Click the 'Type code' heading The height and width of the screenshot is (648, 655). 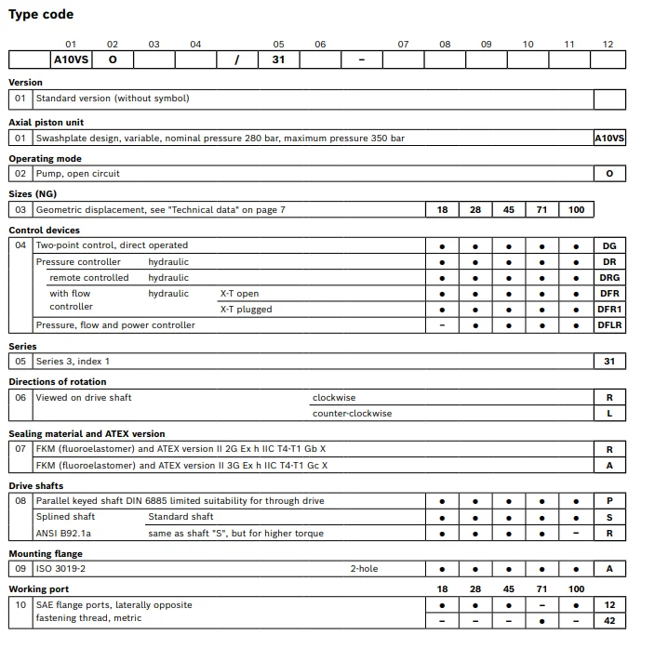click(41, 14)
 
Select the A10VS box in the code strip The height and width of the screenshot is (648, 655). click(71, 60)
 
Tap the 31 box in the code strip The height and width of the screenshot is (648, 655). click(278, 60)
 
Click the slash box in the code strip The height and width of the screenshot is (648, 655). click(237, 60)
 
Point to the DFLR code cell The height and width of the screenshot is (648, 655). click(609, 325)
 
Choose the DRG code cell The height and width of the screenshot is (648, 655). click(609, 278)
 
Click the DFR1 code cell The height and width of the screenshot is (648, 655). click(609, 310)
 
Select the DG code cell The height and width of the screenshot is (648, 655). click(609, 246)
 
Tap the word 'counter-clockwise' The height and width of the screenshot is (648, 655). click(352, 414)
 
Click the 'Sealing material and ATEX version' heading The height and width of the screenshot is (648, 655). click(87, 434)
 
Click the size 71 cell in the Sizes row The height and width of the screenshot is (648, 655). click(542, 210)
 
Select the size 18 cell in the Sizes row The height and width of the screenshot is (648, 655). click(442, 210)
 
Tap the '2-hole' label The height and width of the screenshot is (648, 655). click(364, 569)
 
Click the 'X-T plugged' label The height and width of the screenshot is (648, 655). click(246, 310)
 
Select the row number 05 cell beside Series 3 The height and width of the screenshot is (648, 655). click(20, 362)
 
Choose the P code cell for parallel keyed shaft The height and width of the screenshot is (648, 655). click(609, 501)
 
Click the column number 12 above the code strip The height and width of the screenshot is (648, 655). click(608, 44)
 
